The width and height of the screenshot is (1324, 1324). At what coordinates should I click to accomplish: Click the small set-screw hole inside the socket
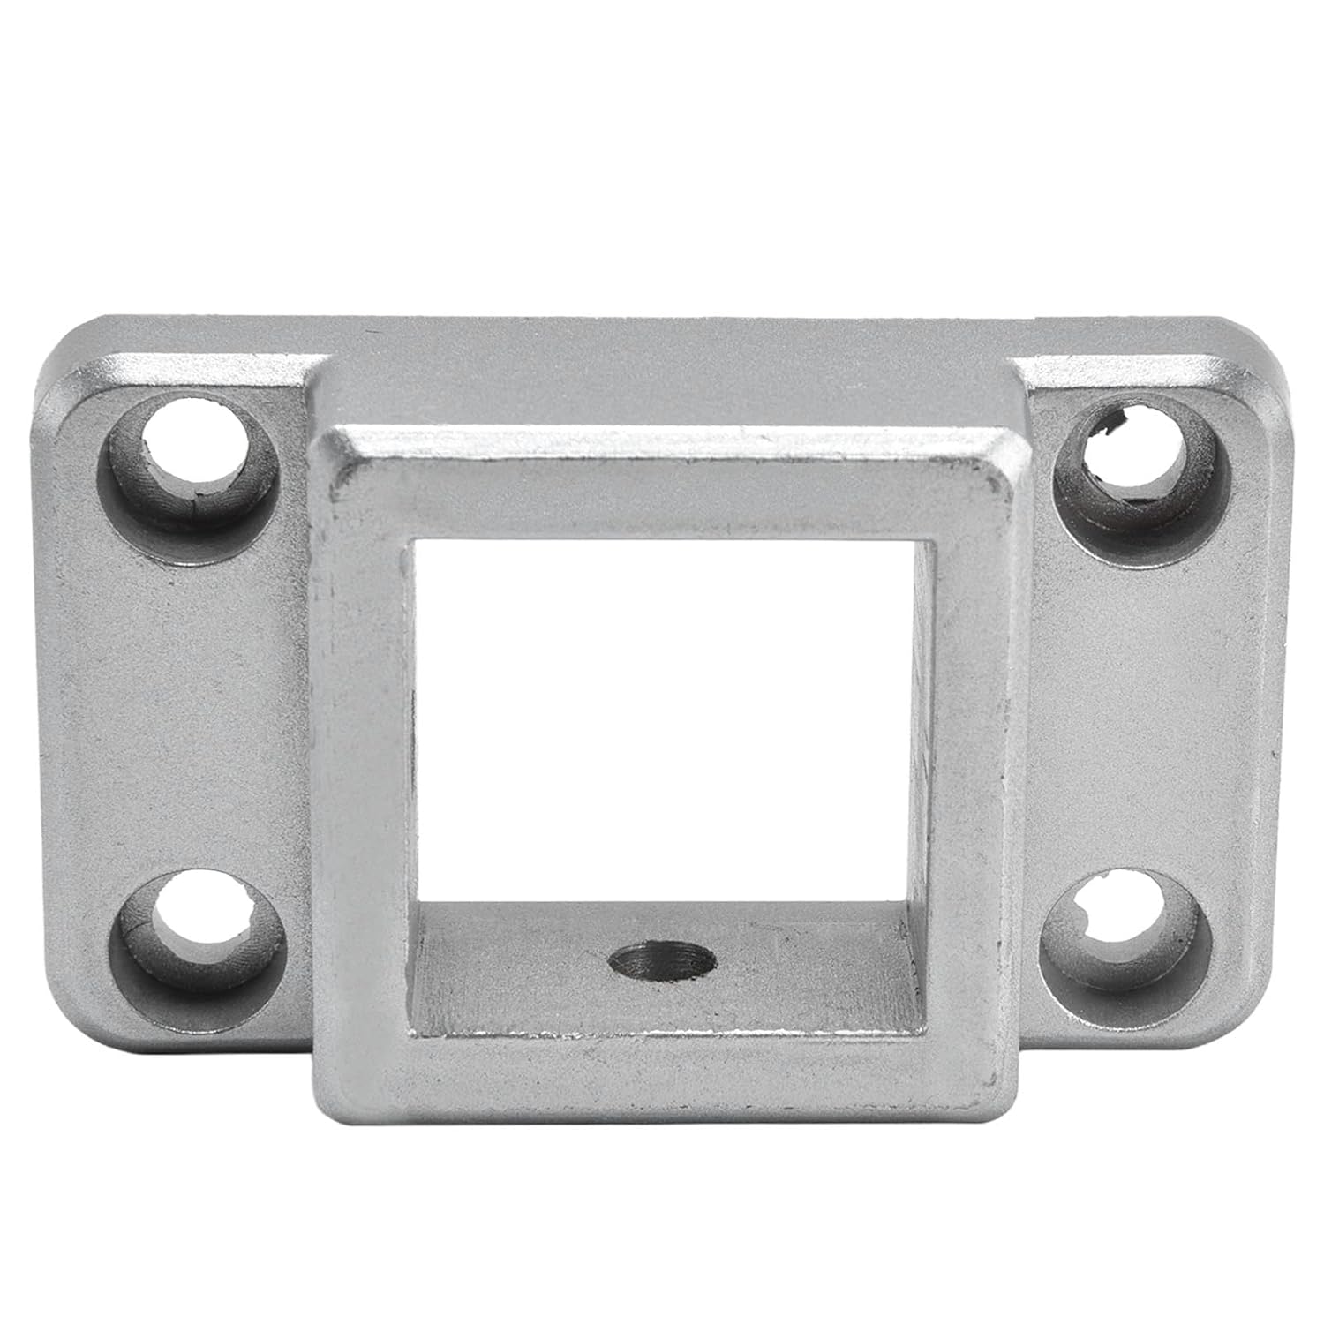click(x=662, y=957)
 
